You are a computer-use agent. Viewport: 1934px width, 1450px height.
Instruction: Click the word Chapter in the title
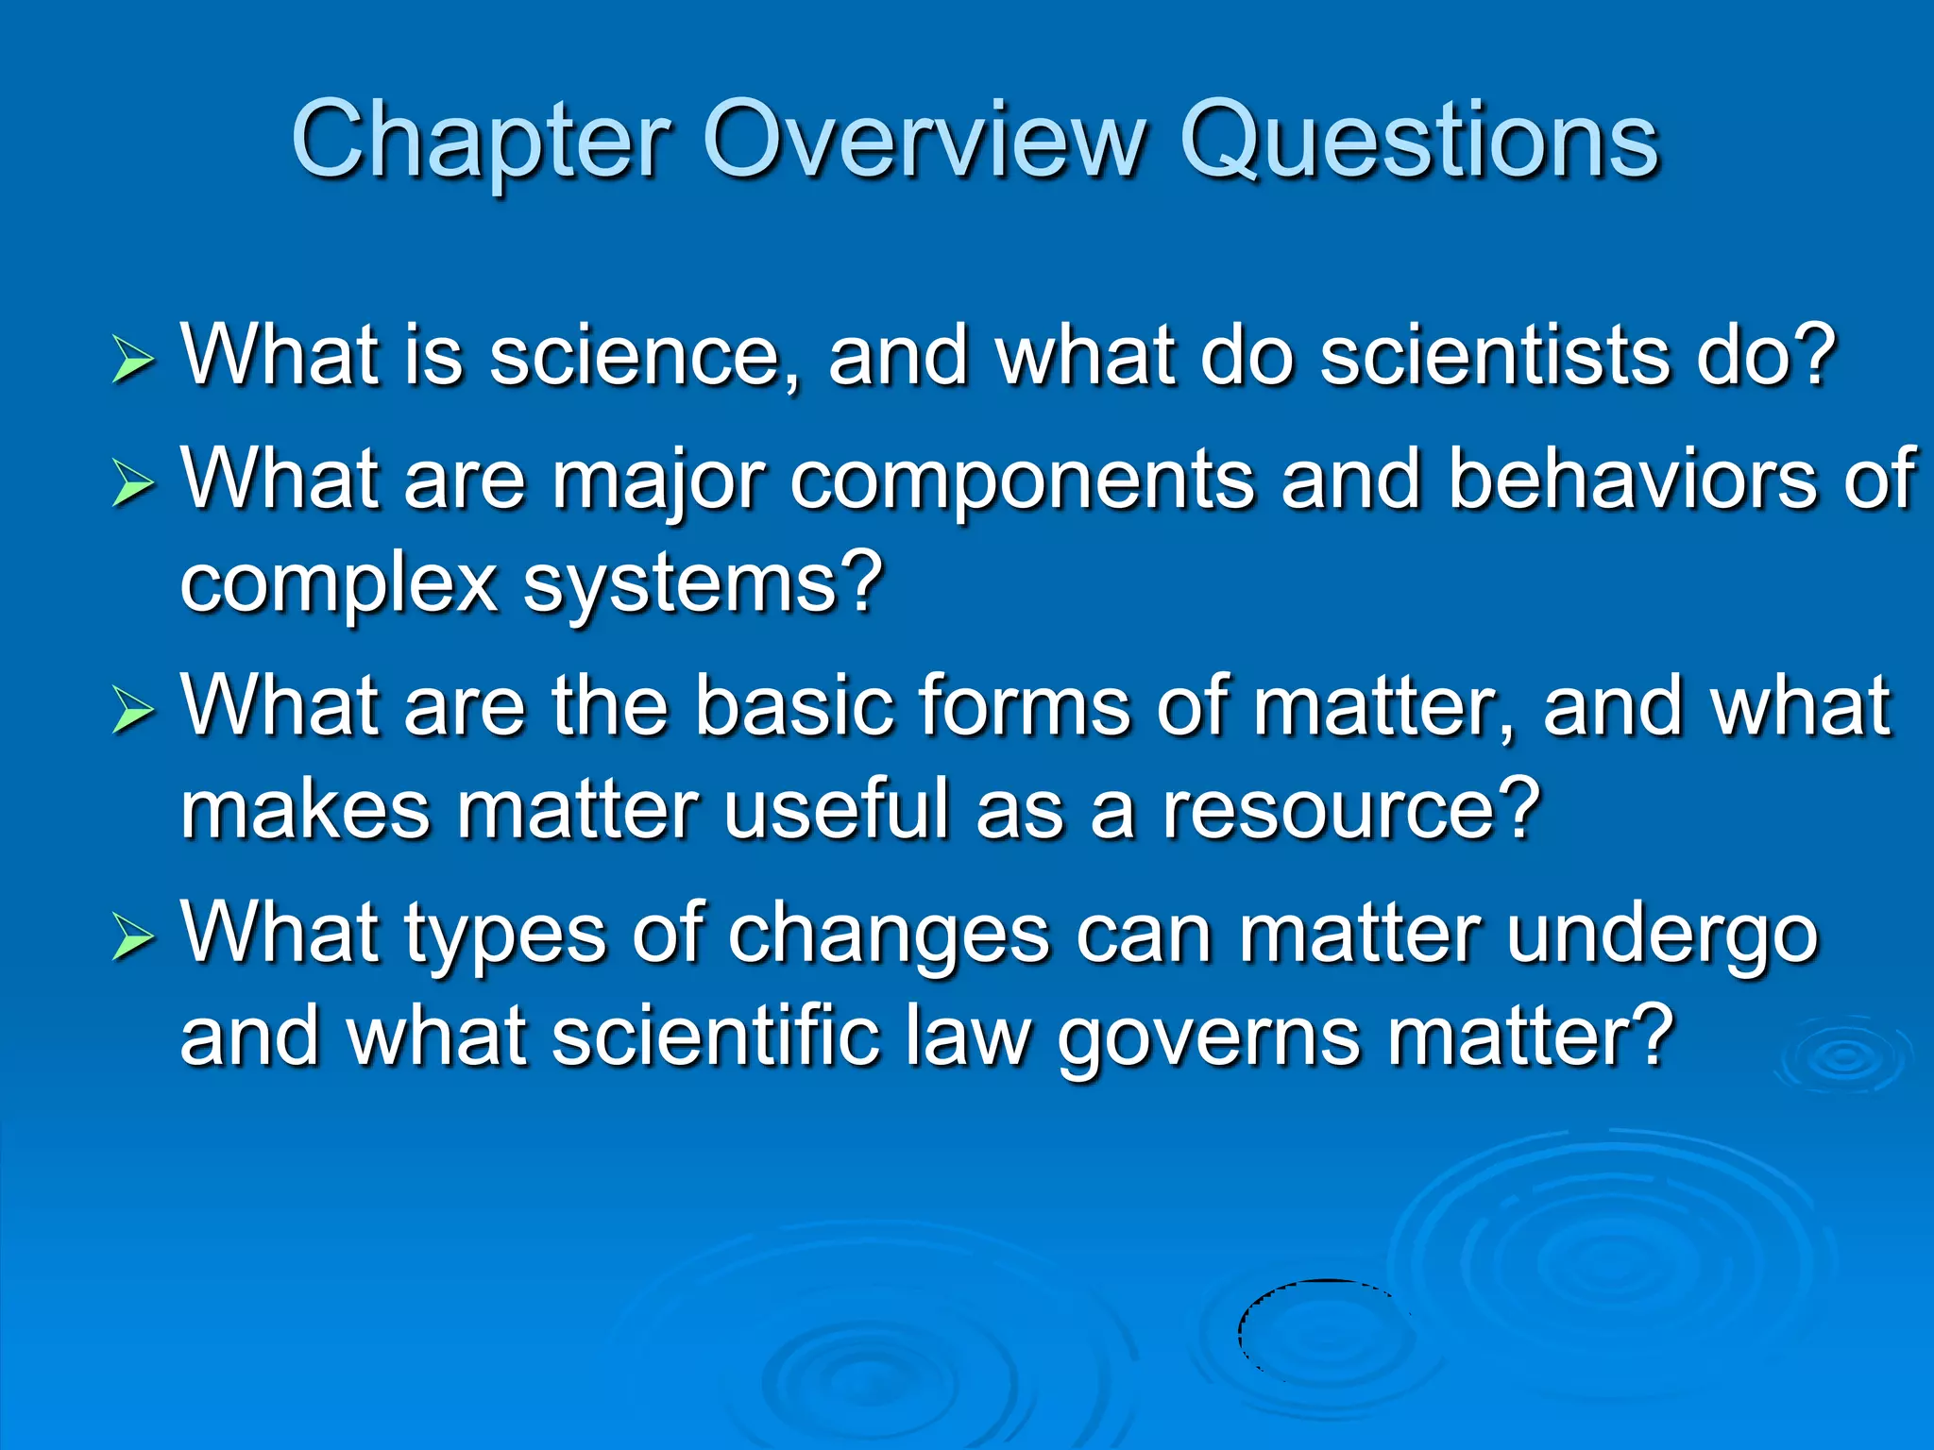click(482, 142)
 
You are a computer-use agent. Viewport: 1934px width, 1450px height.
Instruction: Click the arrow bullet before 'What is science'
click(132, 362)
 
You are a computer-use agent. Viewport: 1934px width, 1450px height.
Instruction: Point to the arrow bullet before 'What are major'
click(132, 483)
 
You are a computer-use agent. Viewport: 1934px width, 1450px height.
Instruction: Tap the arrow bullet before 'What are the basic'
click(132, 710)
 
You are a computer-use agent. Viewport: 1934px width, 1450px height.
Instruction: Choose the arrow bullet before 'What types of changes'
click(132, 936)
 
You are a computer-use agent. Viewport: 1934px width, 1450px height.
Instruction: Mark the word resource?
click(1350, 810)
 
